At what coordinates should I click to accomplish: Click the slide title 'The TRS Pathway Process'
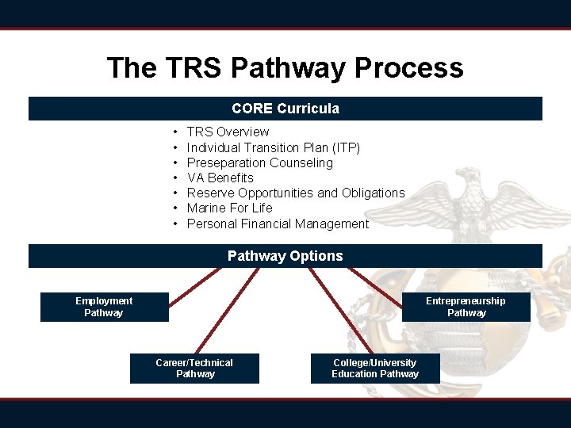285,67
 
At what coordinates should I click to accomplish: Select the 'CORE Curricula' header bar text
285,109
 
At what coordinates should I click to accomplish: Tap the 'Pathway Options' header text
285,256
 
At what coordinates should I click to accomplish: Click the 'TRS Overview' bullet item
228,132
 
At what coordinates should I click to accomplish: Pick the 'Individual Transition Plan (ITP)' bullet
273,147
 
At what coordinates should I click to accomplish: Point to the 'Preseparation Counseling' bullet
259,162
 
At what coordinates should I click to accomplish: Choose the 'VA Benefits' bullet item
220,178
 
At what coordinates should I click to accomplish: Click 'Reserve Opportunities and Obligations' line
295,193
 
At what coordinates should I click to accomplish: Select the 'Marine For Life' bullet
229,208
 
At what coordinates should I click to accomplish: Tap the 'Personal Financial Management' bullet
278,224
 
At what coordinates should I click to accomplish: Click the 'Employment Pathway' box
104,307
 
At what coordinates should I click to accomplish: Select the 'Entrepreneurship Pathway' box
466,307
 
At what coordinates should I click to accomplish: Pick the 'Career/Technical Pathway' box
194,369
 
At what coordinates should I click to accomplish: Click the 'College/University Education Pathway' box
375,369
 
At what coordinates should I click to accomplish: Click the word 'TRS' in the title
196,67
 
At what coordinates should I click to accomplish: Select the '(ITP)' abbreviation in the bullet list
345,147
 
